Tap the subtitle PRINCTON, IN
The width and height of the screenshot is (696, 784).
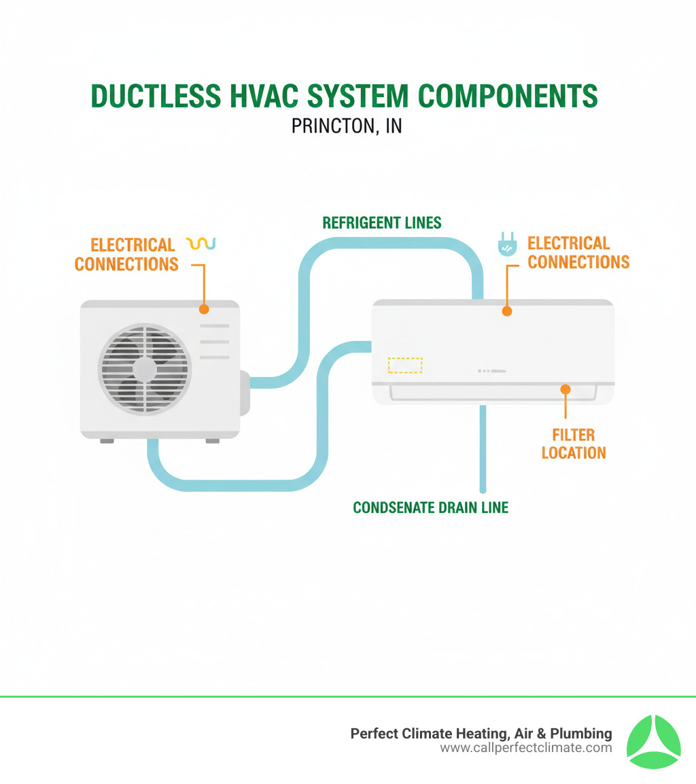tap(347, 126)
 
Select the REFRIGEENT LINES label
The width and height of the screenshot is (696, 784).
tap(382, 223)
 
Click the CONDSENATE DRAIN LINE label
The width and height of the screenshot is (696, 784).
tap(431, 507)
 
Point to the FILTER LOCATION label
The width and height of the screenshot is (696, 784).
tap(574, 444)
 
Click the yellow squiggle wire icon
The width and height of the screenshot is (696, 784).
tap(200, 243)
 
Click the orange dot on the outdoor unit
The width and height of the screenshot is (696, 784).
tap(203, 309)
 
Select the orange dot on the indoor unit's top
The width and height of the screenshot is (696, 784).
tap(506, 311)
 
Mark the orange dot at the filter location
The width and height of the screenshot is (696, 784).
tap(565, 389)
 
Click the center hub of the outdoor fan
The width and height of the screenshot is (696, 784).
tap(145, 370)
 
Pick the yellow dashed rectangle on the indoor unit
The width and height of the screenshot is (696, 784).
tap(404, 365)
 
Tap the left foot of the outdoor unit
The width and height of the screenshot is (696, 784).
tap(107, 440)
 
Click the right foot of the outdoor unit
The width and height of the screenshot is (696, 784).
tap(212, 440)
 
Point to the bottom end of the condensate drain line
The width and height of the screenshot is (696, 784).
tap(483, 488)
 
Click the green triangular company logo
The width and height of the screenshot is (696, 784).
tap(652, 741)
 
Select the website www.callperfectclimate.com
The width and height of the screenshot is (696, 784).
tap(526, 748)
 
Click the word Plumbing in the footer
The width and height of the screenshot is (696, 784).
tap(582, 734)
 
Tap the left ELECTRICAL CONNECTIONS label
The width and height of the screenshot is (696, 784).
tap(126, 254)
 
